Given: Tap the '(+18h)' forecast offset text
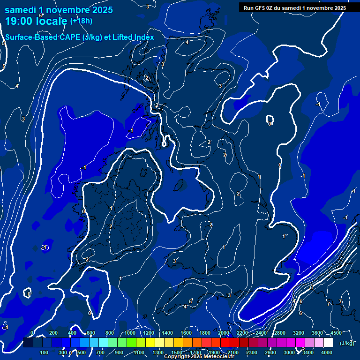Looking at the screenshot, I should [81, 21].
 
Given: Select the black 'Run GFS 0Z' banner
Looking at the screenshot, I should [295, 7].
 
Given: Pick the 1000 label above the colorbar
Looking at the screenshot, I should [130, 333].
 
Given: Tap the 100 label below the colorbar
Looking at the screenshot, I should [44, 352].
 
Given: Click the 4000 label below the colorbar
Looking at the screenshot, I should [328, 352].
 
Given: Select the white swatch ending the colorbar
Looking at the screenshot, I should [328, 343].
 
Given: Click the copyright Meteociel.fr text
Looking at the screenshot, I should [199, 357].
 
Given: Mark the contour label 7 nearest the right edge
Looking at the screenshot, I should [340, 301].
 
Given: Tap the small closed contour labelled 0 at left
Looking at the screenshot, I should [29, 293].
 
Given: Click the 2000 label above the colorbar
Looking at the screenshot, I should [224, 333].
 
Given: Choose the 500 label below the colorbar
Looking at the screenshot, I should [82, 352].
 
